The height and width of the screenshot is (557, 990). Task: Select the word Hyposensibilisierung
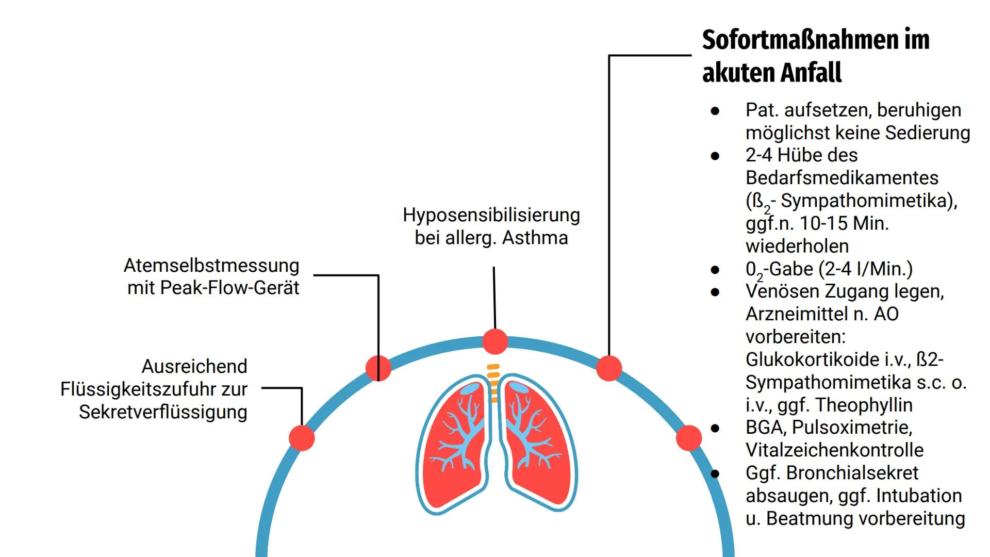[x=491, y=215]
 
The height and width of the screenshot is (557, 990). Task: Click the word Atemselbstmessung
[x=211, y=266]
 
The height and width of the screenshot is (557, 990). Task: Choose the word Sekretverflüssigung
[x=163, y=412]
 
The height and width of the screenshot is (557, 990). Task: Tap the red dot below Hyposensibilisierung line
[x=495, y=341]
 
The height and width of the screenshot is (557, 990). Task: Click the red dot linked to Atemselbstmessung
[x=378, y=368]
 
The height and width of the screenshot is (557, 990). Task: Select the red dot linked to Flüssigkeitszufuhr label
[x=302, y=438]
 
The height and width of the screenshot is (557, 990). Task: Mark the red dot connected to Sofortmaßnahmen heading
[x=609, y=368]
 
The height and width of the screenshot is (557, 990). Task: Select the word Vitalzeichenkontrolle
[x=834, y=450]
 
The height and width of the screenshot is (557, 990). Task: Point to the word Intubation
[x=919, y=496]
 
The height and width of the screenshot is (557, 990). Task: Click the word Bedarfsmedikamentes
[x=841, y=178]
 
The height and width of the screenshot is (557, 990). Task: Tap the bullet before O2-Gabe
[x=715, y=269]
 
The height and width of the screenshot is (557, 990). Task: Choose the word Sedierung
[x=928, y=133]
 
